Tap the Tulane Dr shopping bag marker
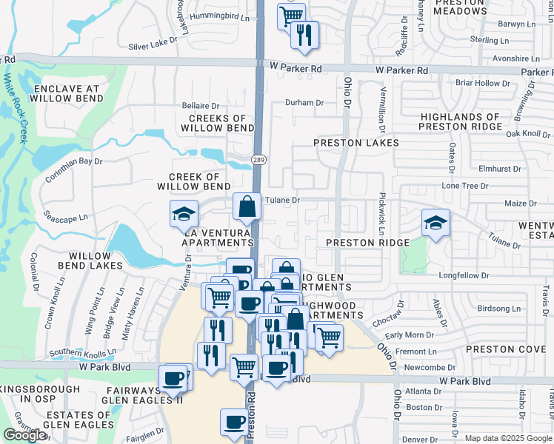[247, 208]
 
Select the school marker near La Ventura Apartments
[184, 215]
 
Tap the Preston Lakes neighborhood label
[356, 143]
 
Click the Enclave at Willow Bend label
[66, 94]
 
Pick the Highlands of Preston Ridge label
[460, 121]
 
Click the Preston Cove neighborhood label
[506, 349]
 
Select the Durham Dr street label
[304, 103]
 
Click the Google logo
[25, 436]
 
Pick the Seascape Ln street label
[66, 218]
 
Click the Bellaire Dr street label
[201, 107]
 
